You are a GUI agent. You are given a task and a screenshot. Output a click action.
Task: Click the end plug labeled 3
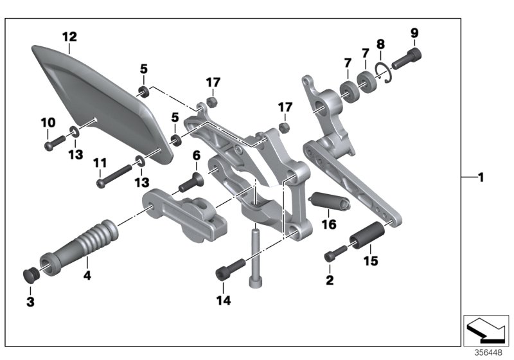tap(31, 274)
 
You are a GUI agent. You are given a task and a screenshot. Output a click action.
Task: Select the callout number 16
tap(329, 224)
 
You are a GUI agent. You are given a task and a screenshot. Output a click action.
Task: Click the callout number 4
tap(86, 276)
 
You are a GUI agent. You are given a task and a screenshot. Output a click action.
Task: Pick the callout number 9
tap(414, 32)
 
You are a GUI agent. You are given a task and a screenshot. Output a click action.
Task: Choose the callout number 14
tap(222, 300)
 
